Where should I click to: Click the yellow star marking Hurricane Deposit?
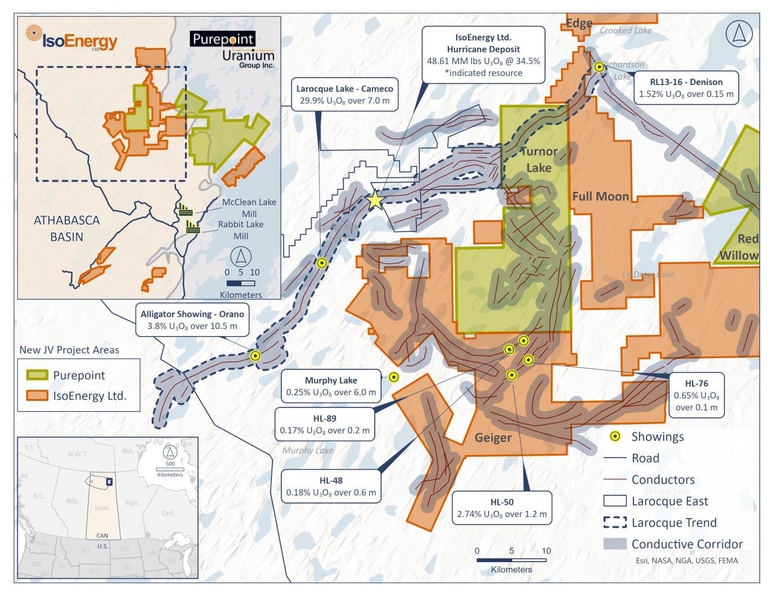[x=375, y=200]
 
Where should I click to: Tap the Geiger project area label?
[x=492, y=438]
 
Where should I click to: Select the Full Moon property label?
[x=600, y=196]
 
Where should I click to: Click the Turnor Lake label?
[x=538, y=159]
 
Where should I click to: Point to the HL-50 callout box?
[x=501, y=507]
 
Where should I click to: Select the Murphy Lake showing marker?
[x=393, y=377]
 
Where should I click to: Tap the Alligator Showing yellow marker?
[x=255, y=356]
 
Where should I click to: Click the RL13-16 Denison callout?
[x=686, y=87]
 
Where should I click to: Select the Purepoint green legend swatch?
[x=35, y=375]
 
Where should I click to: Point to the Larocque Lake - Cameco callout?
[x=345, y=95]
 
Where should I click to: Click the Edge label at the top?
[x=578, y=23]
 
